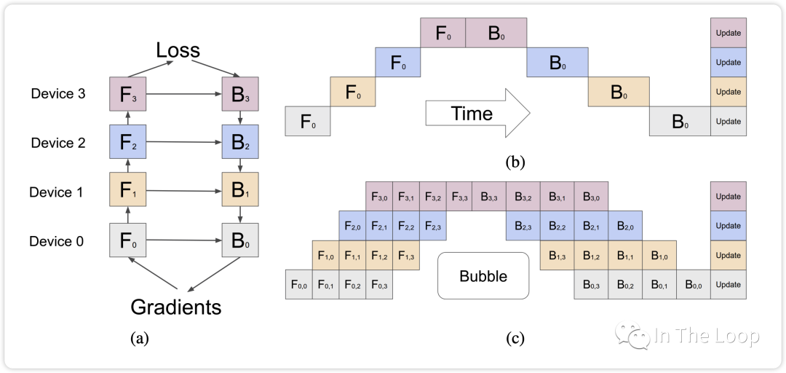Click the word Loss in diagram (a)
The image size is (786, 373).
point(178,50)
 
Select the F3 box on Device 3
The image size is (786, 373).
point(127,94)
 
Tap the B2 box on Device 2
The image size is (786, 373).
point(240,143)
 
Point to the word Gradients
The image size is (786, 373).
point(176,307)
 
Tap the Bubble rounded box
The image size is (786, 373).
point(483,276)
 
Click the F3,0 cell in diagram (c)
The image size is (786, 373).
point(379,197)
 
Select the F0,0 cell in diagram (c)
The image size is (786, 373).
point(298,284)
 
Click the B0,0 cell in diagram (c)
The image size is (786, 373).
point(694,284)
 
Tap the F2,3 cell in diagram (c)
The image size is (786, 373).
point(433,226)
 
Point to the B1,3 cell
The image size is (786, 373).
point(557,255)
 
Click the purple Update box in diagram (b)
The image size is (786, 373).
point(729,33)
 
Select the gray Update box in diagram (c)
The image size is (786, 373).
point(729,284)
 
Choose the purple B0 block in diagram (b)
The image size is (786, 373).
point(496,33)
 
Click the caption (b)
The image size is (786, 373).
point(515,162)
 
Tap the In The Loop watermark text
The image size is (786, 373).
point(706,336)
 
